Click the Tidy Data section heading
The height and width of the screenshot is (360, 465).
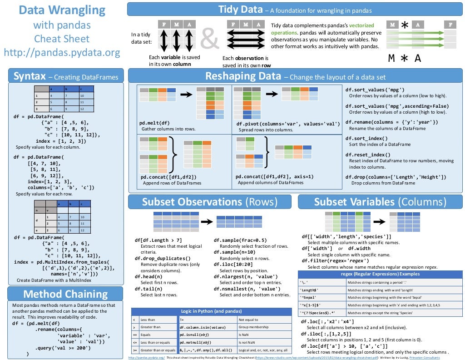coord(240,9)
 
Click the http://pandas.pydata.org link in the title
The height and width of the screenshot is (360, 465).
coord(62,53)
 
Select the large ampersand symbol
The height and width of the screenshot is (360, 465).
coord(209,40)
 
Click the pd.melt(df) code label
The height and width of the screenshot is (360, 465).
coord(154,123)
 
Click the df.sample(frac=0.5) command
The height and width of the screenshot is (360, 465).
coord(240,240)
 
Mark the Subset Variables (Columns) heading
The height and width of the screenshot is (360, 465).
coord(380,201)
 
